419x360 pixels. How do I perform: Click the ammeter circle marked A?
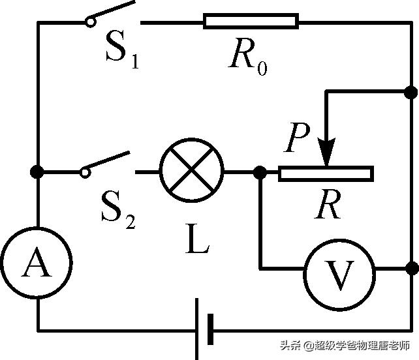point(37,263)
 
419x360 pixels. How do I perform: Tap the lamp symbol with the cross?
point(192,172)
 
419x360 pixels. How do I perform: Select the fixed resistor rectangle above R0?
point(251,22)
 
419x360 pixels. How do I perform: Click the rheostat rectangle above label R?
point(325,173)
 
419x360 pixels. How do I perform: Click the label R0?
point(248,57)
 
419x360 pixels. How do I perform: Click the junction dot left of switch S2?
point(38,172)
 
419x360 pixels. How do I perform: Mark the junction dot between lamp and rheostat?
point(260,173)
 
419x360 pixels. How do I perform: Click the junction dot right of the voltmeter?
point(411,268)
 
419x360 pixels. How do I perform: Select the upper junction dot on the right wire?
point(411,92)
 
